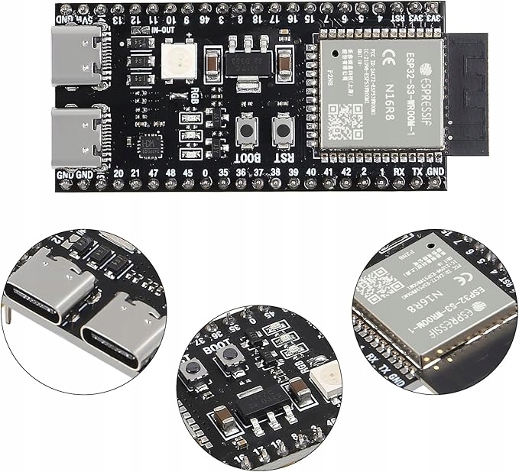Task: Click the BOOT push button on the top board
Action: [247, 130]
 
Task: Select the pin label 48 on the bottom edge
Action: [170, 174]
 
